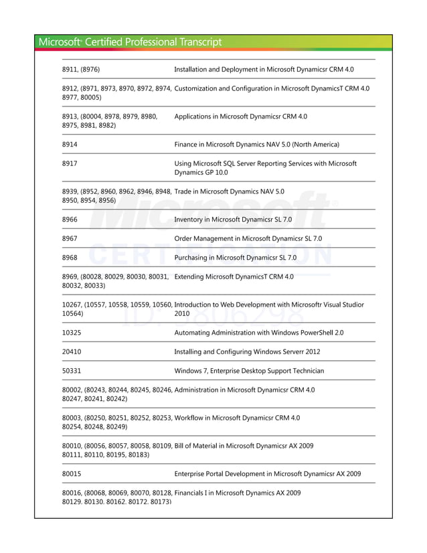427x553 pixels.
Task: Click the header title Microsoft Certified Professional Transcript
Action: tap(130, 42)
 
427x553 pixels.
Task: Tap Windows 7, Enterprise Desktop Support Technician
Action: tap(249, 371)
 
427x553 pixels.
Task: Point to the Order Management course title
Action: tap(248, 238)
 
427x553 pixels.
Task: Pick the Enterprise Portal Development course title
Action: tap(267, 474)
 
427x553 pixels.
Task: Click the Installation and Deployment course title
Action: tap(264, 69)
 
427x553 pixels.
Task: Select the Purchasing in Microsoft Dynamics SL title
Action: tap(235, 258)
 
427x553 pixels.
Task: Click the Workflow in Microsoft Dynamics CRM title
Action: tap(237, 418)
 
